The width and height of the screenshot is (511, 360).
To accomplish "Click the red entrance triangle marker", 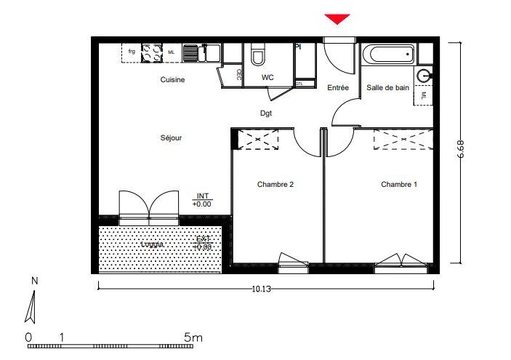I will (337, 19).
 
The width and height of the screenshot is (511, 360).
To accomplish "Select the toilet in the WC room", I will (258, 56).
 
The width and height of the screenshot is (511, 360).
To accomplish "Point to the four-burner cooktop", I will (151, 52).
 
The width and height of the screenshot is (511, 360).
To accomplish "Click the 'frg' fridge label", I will (132, 52).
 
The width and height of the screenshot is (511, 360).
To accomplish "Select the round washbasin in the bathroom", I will (425, 74).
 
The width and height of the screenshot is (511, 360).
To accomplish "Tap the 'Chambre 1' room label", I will (399, 185).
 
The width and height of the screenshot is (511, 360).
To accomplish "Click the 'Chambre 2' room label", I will (275, 185).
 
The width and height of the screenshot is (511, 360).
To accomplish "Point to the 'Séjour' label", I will (172, 137).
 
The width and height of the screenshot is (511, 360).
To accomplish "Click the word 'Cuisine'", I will (172, 80).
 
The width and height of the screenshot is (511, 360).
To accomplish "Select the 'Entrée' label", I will (338, 88).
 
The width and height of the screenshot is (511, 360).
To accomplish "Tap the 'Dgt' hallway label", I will (267, 113).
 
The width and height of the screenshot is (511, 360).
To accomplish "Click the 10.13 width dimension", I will (262, 289).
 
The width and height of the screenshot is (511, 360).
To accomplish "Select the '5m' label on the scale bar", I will (193, 337).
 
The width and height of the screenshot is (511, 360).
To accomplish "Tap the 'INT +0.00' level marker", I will (201, 201).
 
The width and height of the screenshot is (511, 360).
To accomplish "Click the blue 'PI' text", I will (298, 47).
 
